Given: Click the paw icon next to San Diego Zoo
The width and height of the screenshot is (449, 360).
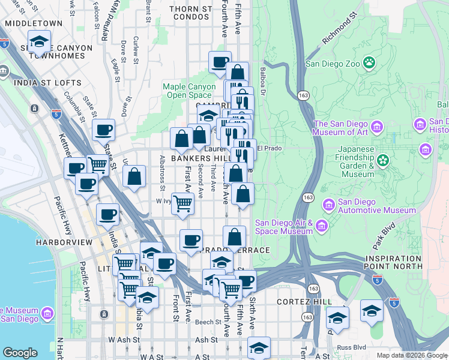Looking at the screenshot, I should [369, 62].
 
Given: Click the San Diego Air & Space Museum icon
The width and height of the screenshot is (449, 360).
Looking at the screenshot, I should [322, 226].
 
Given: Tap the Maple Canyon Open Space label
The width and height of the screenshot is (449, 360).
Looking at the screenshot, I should [189, 91].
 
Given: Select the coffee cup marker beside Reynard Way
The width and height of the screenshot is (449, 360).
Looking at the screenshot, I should [104, 130].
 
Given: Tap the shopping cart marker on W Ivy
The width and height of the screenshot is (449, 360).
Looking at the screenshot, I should [183, 203].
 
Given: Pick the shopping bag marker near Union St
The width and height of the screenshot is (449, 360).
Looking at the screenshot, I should [134, 176].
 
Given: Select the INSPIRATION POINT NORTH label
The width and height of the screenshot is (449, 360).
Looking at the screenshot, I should [402, 262].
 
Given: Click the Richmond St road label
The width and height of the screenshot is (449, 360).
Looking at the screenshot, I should [343, 32].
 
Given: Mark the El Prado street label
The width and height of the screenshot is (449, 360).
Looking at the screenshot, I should [269, 148].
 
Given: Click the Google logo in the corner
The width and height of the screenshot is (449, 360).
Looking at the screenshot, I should [20, 353].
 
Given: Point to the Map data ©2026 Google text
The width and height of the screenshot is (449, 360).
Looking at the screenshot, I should [412, 355].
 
